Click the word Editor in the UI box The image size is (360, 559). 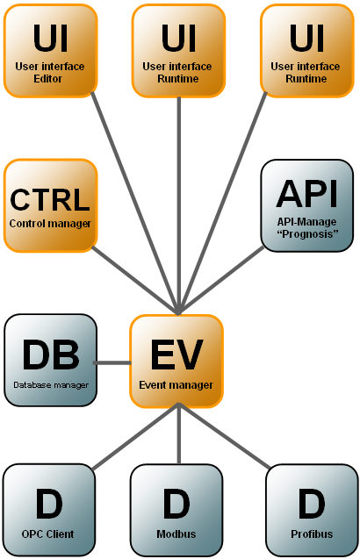tap(47, 78)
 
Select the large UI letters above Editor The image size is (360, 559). tap(50, 39)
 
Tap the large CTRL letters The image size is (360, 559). tap(50, 200)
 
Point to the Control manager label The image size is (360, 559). tap(50, 224)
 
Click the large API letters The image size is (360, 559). tap(306, 194)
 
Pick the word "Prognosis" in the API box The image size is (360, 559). tap(307, 233)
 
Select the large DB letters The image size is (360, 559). tap(51, 355)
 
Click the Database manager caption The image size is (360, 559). tap(51, 385)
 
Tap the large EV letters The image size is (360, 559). tap(177, 355)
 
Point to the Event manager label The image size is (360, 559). tap(176, 385)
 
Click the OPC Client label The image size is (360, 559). tap(47, 534)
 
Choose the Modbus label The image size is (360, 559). tap(176, 534)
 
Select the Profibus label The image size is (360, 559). tap(312, 534)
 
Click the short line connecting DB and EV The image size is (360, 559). tap(112, 363)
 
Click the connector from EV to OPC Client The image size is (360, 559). tap(135, 436)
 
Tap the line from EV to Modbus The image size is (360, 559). tap(179, 435)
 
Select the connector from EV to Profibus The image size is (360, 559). tap(224, 435)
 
